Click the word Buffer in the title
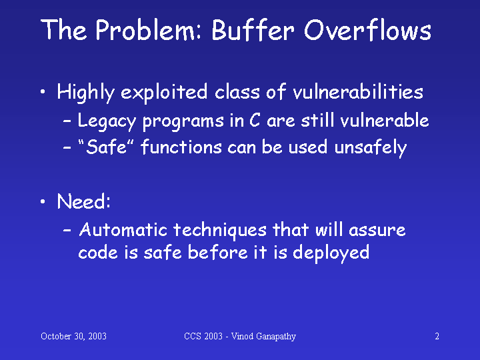coord(253,30)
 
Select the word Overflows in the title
coord(367,30)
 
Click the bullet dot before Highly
coord(43,91)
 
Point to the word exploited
coord(164,93)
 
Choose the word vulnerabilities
coord(358,91)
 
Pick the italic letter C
coord(255,120)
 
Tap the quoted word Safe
coord(106,147)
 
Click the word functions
coord(181,146)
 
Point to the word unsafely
coord(371,147)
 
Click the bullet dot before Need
coord(43,201)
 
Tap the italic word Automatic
coord(123,229)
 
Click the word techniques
coord(220,231)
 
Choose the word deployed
coord(331,253)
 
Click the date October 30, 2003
coord(73,337)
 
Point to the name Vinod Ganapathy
coord(263,337)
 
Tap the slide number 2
coord(437,337)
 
